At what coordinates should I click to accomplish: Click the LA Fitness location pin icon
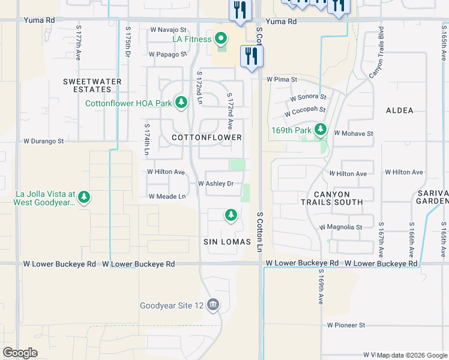pyautogui.click(x=220, y=40)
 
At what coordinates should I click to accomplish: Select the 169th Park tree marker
pyautogui.click(x=321, y=129)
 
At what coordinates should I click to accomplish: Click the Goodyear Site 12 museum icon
pyautogui.click(x=212, y=305)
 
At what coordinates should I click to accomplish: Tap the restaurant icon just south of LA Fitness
pyautogui.click(x=252, y=56)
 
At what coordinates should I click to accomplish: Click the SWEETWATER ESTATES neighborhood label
pyautogui.click(x=92, y=85)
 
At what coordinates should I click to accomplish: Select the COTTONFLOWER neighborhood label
pyautogui.click(x=206, y=137)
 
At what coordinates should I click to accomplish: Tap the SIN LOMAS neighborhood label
pyautogui.click(x=226, y=241)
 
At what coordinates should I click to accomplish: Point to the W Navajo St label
pyautogui.click(x=169, y=29)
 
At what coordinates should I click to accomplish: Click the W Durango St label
pyautogui.click(x=43, y=142)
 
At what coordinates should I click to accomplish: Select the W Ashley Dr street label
pyautogui.click(x=215, y=184)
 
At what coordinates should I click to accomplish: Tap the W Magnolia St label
pyautogui.click(x=341, y=227)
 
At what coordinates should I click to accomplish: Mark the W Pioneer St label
pyautogui.click(x=346, y=325)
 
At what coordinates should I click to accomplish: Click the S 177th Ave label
pyautogui.click(x=79, y=43)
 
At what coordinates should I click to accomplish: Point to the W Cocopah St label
pyautogui.click(x=305, y=112)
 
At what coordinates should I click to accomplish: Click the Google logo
pyautogui.click(x=20, y=352)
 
